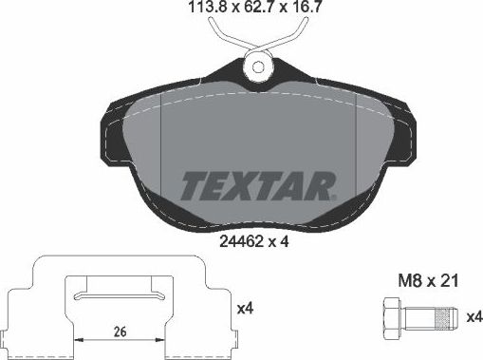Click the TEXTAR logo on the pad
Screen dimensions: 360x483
pyautogui.click(x=256, y=181)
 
